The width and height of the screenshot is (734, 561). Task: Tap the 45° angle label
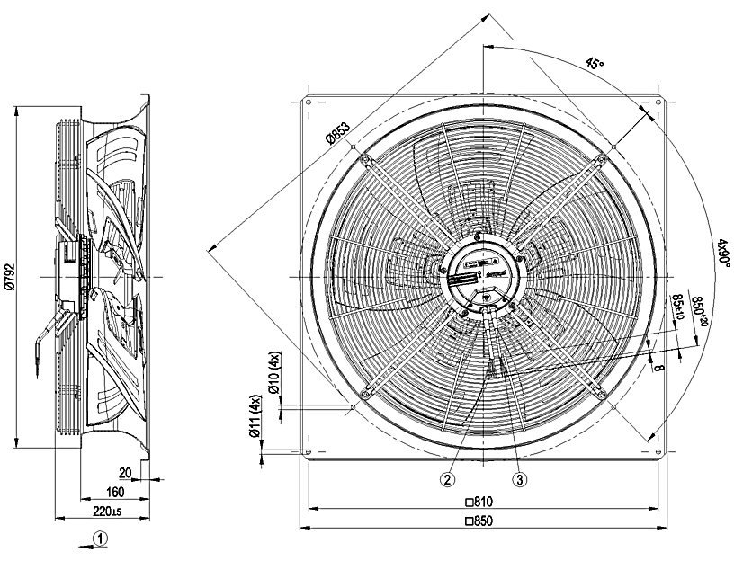(595, 64)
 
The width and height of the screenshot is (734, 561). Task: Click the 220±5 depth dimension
(106, 512)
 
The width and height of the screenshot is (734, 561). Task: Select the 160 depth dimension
(114, 491)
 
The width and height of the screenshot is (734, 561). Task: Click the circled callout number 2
(447, 479)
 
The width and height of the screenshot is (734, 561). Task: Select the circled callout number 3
(519, 479)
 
